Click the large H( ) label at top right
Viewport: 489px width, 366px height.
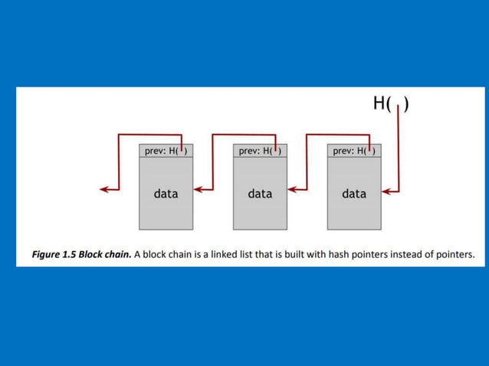pos(390,104)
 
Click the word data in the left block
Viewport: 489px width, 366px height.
pos(166,194)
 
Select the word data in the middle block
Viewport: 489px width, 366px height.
pos(260,194)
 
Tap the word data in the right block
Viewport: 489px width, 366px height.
pos(354,194)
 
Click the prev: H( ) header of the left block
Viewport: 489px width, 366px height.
pos(166,151)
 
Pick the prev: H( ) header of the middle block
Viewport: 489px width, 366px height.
pos(260,151)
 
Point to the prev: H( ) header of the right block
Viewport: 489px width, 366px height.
pos(354,151)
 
